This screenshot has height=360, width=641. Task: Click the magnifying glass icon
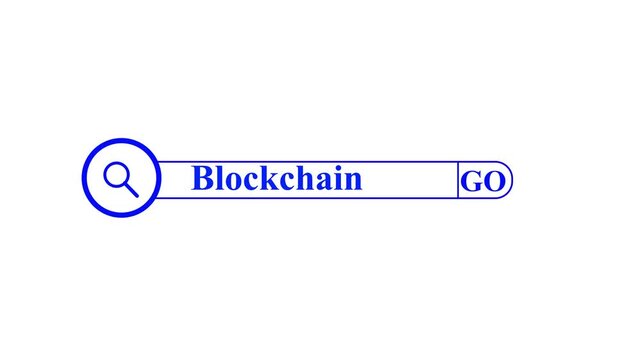[x=119, y=178]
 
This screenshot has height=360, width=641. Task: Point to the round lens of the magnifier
[x=115, y=174]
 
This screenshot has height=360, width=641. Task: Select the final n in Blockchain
[x=353, y=182]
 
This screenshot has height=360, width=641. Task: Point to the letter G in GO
[x=472, y=182]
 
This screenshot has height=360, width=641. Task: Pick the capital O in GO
[x=493, y=182]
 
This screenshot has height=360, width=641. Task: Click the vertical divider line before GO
[x=458, y=180]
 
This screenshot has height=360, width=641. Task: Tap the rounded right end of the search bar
[x=510, y=180]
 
